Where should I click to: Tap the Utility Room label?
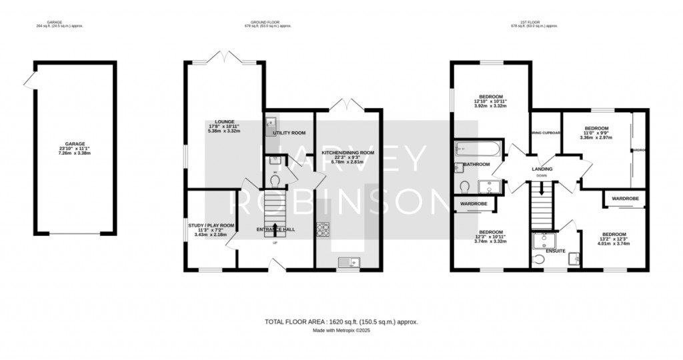tap(289, 133)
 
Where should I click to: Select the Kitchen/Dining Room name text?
tap(348, 153)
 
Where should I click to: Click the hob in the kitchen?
tap(323, 229)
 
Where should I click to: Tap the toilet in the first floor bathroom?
tap(465, 185)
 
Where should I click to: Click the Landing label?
tap(542, 169)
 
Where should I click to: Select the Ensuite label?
tap(556, 251)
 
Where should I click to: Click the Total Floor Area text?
tap(341, 321)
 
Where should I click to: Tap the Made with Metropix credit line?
tap(341, 331)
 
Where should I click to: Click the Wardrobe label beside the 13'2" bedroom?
tap(625, 198)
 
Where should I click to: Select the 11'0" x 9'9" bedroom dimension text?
tap(596, 134)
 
